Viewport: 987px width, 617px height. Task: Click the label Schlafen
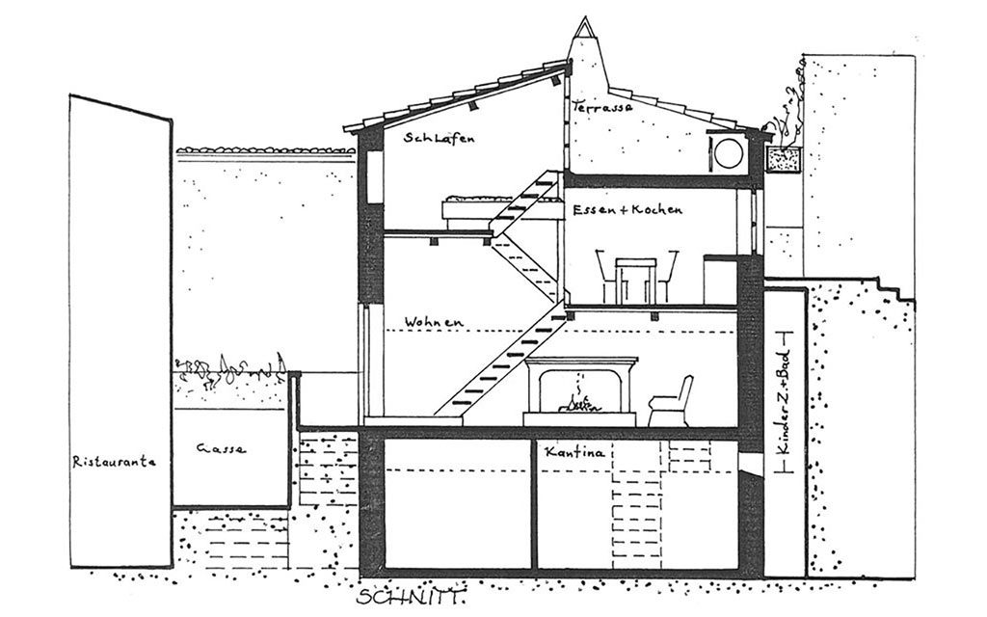(x=440, y=139)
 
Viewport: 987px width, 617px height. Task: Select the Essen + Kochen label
(x=627, y=209)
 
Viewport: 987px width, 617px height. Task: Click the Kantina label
(x=574, y=451)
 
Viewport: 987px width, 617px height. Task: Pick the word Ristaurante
(x=115, y=462)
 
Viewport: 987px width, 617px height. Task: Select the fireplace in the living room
(x=580, y=391)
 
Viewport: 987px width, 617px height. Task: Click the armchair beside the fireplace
(x=672, y=401)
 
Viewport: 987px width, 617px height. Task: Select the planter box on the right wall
(x=783, y=160)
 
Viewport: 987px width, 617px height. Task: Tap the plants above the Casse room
(x=228, y=366)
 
